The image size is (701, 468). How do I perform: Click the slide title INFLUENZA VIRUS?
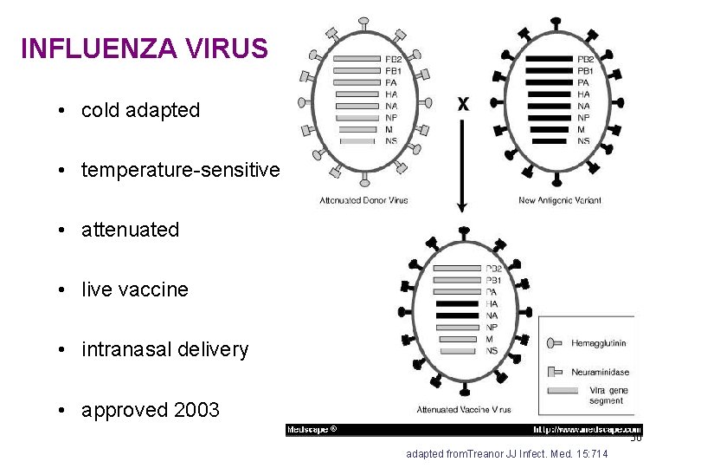pyautogui.click(x=144, y=49)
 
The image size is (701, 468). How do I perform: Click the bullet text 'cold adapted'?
pyautogui.click(x=140, y=111)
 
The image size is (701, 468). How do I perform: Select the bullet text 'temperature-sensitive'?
pyautogui.click(x=180, y=171)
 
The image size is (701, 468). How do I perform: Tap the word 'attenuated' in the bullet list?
pyautogui.click(x=130, y=231)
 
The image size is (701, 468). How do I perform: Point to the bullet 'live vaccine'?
pyautogui.click(x=134, y=290)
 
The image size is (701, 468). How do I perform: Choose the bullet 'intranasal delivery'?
pyautogui.click(x=164, y=350)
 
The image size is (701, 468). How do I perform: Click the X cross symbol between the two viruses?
pyautogui.click(x=463, y=104)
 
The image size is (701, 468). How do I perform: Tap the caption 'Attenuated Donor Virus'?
pyautogui.click(x=363, y=200)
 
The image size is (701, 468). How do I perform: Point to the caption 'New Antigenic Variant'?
pyautogui.click(x=560, y=200)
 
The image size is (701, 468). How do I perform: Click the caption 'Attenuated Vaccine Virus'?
pyautogui.click(x=464, y=410)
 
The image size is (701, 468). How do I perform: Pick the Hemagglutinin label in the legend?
pyautogui.click(x=599, y=344)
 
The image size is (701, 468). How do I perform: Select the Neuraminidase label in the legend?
pyautogui.click(x=601, y=372)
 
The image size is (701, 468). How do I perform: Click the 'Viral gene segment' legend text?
pyautogui.click(x=606, y=396)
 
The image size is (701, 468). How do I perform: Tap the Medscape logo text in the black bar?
pyautogui.click(x=312, y=429)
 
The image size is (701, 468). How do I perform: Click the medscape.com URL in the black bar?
pyautogui.click(x=587, y=429)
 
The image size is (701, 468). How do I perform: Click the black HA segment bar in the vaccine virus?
pyautogui.click(x=456, y=304)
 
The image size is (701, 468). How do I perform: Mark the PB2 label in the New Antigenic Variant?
pyautogui.click(x=585, y=60)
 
